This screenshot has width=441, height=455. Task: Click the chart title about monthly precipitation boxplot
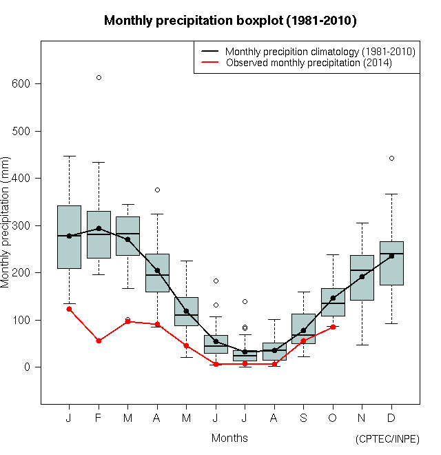(229, 21)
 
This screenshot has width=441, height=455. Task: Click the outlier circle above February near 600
(99, 77)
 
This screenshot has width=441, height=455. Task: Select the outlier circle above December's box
(391, 158)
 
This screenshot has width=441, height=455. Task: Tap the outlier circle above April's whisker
(157, 190)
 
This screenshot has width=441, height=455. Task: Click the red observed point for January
(69, 309)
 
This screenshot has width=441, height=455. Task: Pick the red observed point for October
(333, 327)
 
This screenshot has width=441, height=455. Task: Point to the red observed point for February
(99, 341)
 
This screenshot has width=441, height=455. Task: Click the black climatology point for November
(362, 276)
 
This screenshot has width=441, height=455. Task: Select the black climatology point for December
(391, 256)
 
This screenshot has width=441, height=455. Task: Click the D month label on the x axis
(391, 418)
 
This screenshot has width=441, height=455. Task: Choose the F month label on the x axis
(99, 418)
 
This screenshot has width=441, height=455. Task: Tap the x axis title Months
(229, 438)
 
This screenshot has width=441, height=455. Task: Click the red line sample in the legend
(209, 63)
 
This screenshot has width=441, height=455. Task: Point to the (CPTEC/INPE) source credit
(387, 439)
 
